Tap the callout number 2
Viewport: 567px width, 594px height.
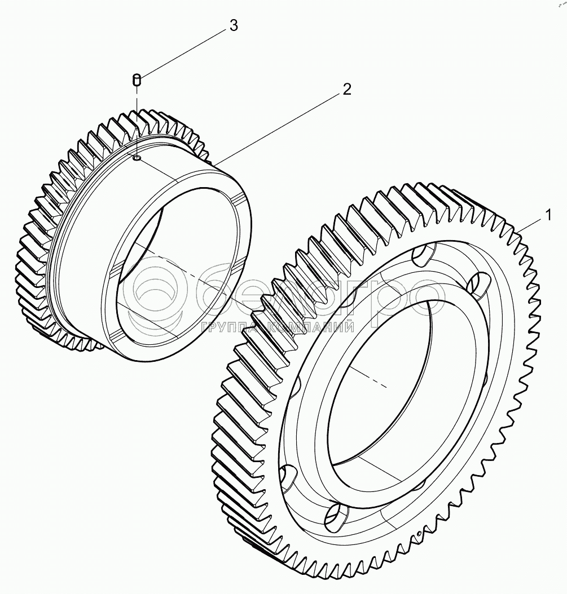346,90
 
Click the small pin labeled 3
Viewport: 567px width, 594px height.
136,80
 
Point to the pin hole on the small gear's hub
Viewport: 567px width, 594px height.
137,159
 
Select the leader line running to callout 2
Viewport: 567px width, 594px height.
276,126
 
